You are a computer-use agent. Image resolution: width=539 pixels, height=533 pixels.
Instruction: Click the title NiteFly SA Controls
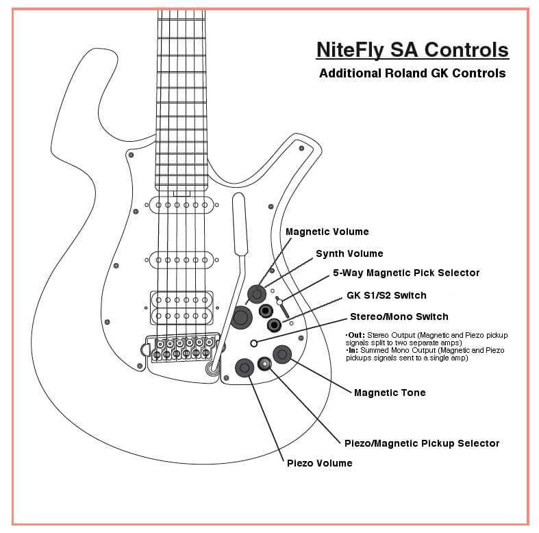coord(412,51)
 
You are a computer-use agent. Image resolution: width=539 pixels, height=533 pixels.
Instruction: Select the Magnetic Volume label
coord(327,232)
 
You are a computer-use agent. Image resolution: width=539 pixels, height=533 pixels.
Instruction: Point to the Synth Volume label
coord(349,254)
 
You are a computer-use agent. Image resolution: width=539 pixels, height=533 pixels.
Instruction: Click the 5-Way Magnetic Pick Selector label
coord(405,273)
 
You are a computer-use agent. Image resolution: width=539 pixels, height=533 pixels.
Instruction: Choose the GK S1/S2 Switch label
coord(387,295)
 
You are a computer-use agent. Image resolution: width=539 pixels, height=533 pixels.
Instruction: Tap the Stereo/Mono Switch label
coord(399,317)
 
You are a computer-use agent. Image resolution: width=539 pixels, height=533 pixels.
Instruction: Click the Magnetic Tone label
coord(389,393)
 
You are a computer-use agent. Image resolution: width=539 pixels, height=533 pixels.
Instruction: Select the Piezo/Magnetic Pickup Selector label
coord(421,443)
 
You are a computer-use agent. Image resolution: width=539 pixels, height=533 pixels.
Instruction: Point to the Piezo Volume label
coord(319,463)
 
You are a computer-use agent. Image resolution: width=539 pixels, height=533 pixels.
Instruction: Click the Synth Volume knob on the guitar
coord(240,317)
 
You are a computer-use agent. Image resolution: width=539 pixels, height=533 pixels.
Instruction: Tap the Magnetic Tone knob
coord(282,354)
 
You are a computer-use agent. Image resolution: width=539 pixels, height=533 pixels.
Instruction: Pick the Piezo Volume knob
coord(245,368)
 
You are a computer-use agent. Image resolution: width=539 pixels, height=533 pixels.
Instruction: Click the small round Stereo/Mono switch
coord(254,343)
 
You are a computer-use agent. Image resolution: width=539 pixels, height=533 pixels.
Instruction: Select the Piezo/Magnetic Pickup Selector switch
coord(264,363)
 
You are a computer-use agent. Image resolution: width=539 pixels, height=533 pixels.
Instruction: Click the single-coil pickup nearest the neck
coord(181,205)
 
